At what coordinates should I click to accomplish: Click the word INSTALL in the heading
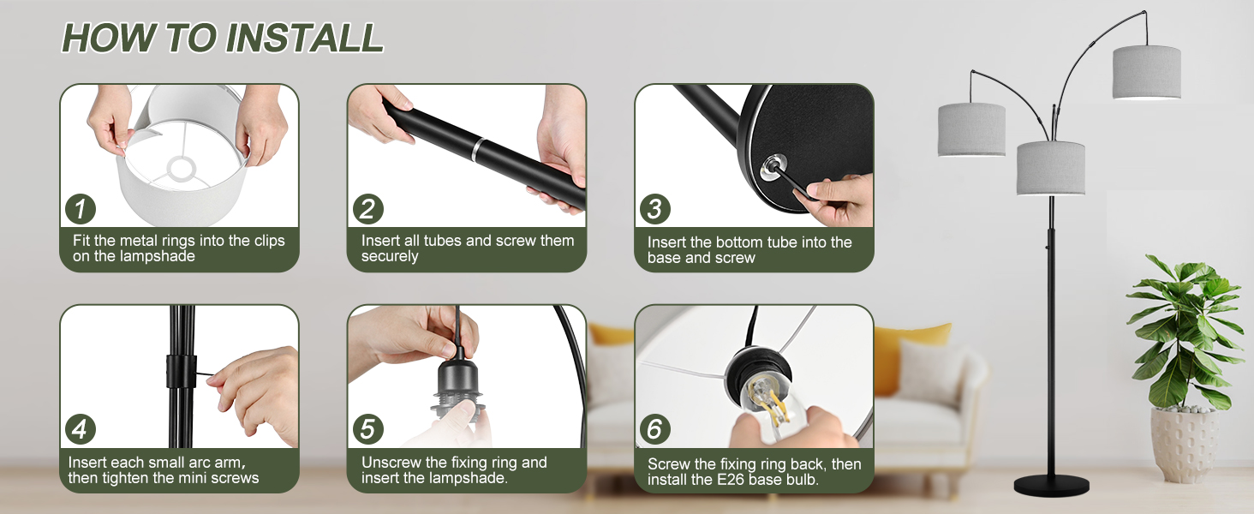(x=305, y=38)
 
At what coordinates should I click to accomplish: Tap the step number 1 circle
(x=81, y=209)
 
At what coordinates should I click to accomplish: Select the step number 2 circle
(x=367, y=209)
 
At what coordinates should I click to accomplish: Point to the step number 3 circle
(x=655, y=209)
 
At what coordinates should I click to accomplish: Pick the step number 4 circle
(x=81, y=429)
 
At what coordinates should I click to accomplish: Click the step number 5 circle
(x=367, y=429)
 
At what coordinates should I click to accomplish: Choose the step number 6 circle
(x=655, y=429)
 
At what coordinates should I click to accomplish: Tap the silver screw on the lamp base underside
(x=773, y=166)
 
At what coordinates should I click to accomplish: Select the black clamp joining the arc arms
(x=182, y=371)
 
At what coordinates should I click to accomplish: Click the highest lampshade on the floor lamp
(x=1147, y=72)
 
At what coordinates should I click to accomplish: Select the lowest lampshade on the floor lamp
(x=1050, y=169)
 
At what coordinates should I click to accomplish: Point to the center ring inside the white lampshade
(x=182, y=168)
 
